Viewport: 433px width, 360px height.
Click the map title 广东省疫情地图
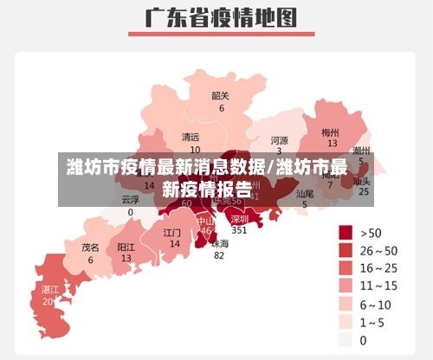216,16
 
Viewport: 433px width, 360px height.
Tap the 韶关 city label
221,96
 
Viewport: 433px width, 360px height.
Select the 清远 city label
191,138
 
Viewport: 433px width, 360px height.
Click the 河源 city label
279,139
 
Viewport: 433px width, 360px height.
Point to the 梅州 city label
330,132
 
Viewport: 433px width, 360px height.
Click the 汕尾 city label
305,195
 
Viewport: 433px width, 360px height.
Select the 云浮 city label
130,199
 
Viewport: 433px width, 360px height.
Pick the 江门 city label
172,233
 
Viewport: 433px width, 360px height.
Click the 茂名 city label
90,247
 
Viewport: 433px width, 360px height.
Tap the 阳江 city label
126,247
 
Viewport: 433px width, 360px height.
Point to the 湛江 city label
49,289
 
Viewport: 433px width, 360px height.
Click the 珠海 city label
220,243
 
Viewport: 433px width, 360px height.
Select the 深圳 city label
240,219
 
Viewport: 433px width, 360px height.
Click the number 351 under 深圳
239,230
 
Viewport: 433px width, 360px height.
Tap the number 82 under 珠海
219,255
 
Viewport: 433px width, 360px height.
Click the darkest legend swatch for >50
345,232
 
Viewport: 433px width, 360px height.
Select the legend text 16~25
379,267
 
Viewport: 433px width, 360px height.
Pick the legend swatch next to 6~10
345,304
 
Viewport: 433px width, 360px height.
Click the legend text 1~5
375,322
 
